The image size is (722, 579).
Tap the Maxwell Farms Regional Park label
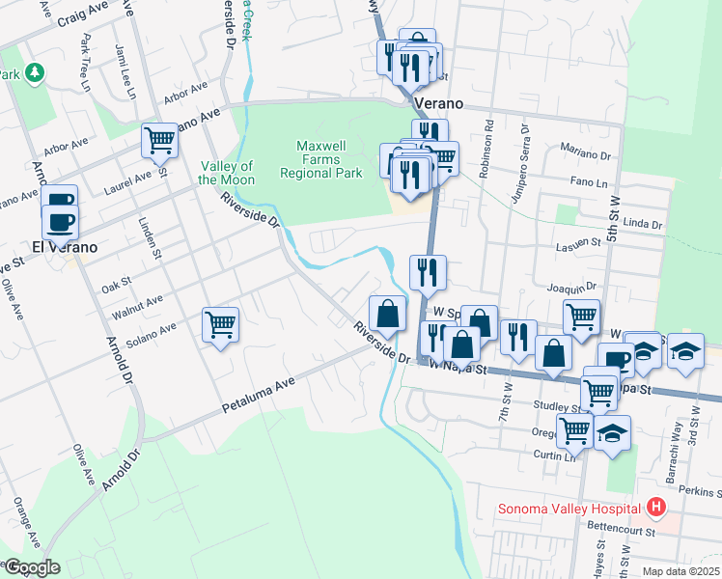pos(320,159)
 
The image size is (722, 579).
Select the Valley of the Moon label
pos(227,174)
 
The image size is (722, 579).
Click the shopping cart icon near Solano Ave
pos(221,325)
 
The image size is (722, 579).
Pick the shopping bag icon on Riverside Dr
pos(387,314)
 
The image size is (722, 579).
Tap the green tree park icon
pos(35,72)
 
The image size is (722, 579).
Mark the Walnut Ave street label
pos(137,304)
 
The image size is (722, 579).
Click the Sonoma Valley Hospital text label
pos(569,509)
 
